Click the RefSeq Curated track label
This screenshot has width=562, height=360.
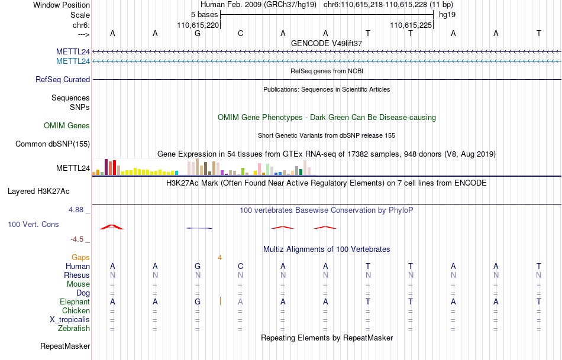[63, 79]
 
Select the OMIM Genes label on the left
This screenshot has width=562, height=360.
[67, 125]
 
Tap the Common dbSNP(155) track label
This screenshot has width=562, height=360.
[53, 144]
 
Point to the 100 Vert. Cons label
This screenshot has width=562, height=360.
[34, 225]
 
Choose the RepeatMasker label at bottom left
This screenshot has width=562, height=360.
[65, 346]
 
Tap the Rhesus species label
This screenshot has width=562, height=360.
[77, 275]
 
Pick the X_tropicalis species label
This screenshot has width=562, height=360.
[70, 319]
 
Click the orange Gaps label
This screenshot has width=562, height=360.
[80, 257]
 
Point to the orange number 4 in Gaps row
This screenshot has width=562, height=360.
[219, 257]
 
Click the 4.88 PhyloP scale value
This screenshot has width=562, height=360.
[77, 210]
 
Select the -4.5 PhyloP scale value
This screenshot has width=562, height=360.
[77, 239]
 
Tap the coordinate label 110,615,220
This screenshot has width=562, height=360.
[198, 25]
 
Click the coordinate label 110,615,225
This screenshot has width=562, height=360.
[411, 25]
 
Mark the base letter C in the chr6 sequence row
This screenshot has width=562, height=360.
[241, 33]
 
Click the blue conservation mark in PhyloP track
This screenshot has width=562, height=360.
[199, 228]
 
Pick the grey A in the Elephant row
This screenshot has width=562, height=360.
[241, 301]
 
